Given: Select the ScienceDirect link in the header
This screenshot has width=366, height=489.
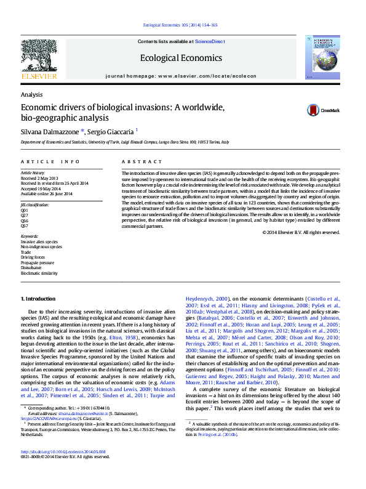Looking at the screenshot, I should tap(209, 41).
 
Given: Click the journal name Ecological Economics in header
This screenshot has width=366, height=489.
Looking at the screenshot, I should tap(181, 58).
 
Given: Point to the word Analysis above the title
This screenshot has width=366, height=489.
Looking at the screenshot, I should tap(31, 95).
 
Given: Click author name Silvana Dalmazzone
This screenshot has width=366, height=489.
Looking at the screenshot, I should tap(46, 132).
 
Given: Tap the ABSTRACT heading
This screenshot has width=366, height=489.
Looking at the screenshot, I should tap(133, 161).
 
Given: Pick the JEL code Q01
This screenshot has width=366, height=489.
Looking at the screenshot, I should tap(25, 209).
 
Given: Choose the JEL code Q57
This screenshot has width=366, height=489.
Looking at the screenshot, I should tap(25, 225).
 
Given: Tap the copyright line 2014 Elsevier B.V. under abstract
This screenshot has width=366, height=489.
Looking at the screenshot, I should tap(301, 232).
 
